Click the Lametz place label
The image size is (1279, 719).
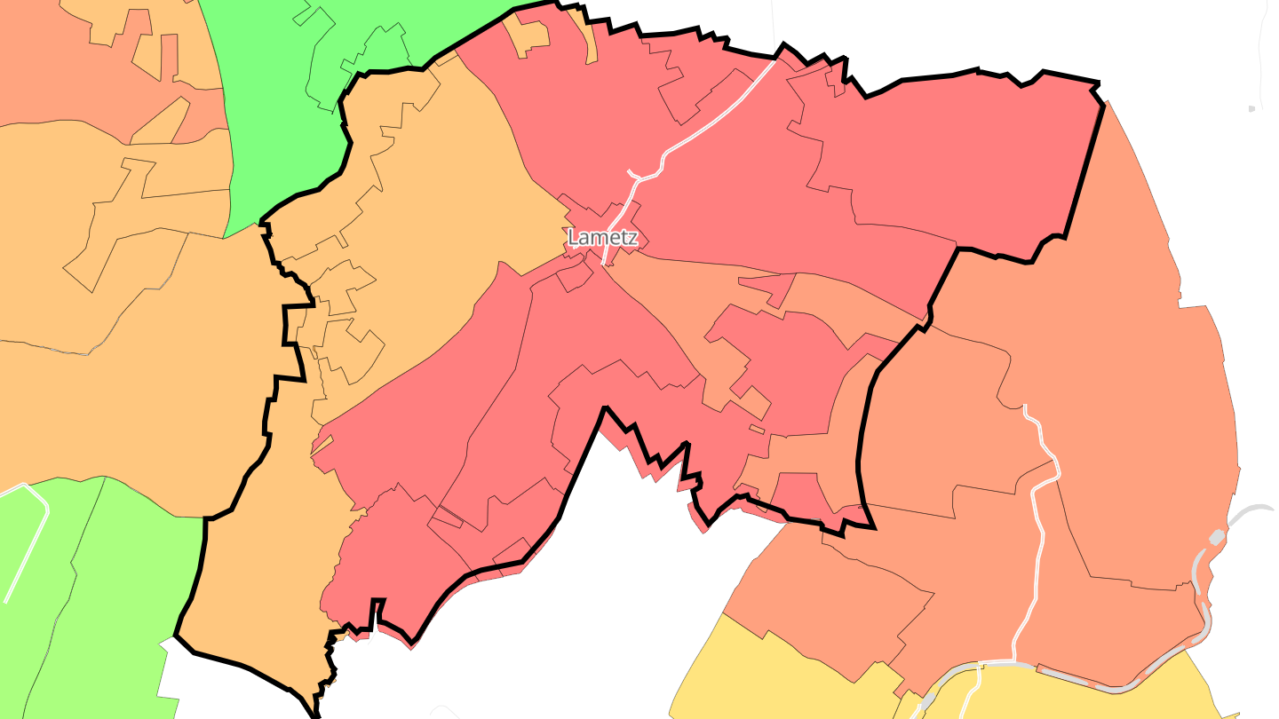pos(602,238)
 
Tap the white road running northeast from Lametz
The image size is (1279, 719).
pos(711,124)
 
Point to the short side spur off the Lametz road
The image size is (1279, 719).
pos(633,173)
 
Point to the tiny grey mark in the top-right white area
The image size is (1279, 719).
pos(1251,108)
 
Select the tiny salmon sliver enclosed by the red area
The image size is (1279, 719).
pos(756,429)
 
